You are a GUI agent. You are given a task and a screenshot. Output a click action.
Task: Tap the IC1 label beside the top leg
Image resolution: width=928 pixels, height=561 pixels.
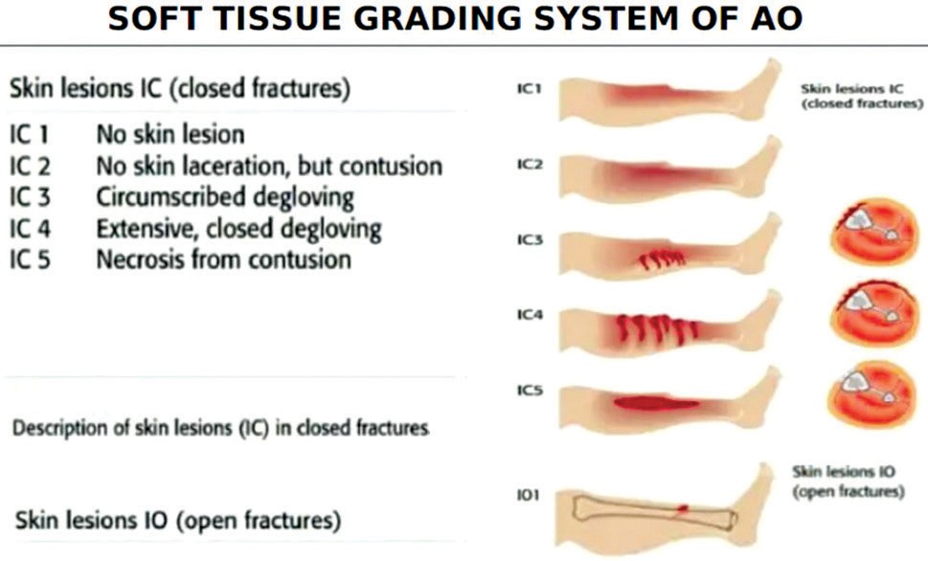click(529, 90)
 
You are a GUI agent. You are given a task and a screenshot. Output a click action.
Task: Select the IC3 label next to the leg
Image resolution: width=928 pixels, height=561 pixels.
click(529, 240)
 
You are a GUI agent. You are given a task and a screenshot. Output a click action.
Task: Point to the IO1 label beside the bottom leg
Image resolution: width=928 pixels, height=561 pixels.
click(529, 495)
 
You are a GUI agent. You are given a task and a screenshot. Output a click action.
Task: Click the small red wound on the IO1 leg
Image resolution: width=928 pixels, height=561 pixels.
click(682, 506)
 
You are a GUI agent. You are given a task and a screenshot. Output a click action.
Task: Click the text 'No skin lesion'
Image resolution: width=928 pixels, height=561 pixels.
click(170, 134)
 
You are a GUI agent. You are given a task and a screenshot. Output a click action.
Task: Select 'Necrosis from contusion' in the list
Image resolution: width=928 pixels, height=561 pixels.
click(223, 259)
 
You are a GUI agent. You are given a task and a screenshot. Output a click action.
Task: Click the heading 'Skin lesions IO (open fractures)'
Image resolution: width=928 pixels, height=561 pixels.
click(178, 522)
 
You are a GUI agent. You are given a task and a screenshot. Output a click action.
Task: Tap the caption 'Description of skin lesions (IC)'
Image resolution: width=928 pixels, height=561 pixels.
click(219, 428)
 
